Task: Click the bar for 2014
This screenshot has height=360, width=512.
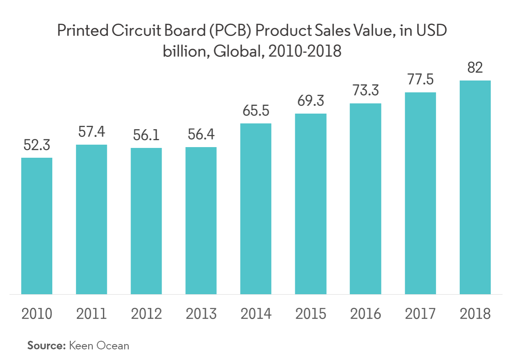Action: [x=256, y=208]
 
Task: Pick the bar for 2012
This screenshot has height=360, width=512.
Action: [x=146, y=221]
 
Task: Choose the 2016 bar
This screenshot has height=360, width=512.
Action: [x=365, y=199]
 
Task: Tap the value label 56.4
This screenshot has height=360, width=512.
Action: [x=201, y=135]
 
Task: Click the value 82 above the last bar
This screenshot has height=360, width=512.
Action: [x=475, y=68]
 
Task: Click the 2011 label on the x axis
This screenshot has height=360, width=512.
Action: [x=91, y=314]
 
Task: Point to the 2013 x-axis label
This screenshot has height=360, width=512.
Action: [x=201, y=314]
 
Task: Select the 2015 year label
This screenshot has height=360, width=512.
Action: [x=310, y=314]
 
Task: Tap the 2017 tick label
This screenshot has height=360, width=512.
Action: [x=420, y=314]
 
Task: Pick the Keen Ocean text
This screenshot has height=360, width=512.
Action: [x=99, y=345]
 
